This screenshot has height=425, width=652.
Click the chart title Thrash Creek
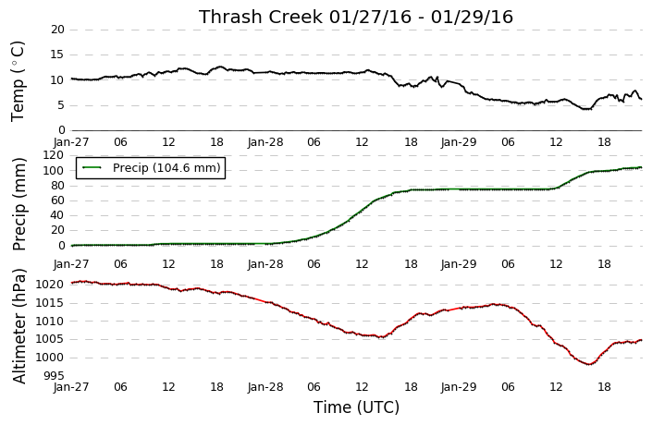tap(261, 17)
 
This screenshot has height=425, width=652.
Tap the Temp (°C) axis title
tap(18, 81)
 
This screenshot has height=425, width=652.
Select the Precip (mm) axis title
tap(18, 204)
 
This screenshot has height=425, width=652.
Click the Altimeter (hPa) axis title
tap(18, 326)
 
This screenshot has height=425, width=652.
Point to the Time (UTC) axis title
tap(356, 407)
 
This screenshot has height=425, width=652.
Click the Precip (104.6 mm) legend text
tap(166, 168)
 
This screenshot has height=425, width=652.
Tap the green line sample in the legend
tap(92, 168)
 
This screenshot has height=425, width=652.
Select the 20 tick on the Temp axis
tap(57, 30)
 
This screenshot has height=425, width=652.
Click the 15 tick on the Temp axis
tap(57, 55)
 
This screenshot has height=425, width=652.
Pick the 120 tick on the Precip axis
tap(55, 155)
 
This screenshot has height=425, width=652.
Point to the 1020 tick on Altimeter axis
tap(50, 285)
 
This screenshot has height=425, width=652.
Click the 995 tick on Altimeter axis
tap(54, 375)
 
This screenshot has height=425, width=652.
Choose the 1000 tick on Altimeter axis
tap(50, 358)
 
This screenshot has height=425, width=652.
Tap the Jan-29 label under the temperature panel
tap(459, 142)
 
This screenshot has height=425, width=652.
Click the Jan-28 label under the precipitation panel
tap(265, 264)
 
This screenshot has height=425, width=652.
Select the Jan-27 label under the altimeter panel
tap(71, 387)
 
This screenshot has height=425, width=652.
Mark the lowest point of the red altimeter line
tap(589, 364)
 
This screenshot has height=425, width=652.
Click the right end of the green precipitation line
tap(642, 167)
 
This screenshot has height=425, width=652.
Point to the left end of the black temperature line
tap(71, 79)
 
